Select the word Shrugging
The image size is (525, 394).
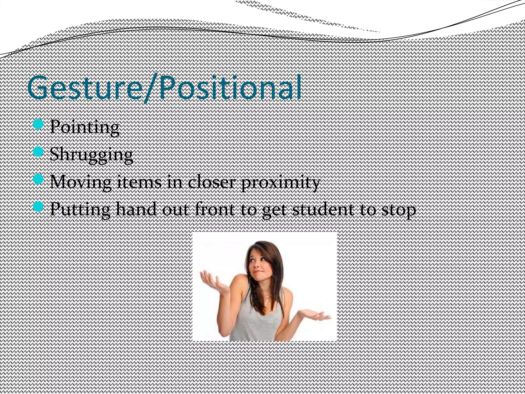pos(91,155)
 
